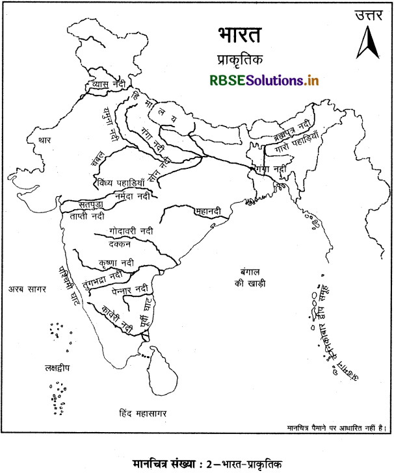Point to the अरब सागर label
[27, 288]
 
